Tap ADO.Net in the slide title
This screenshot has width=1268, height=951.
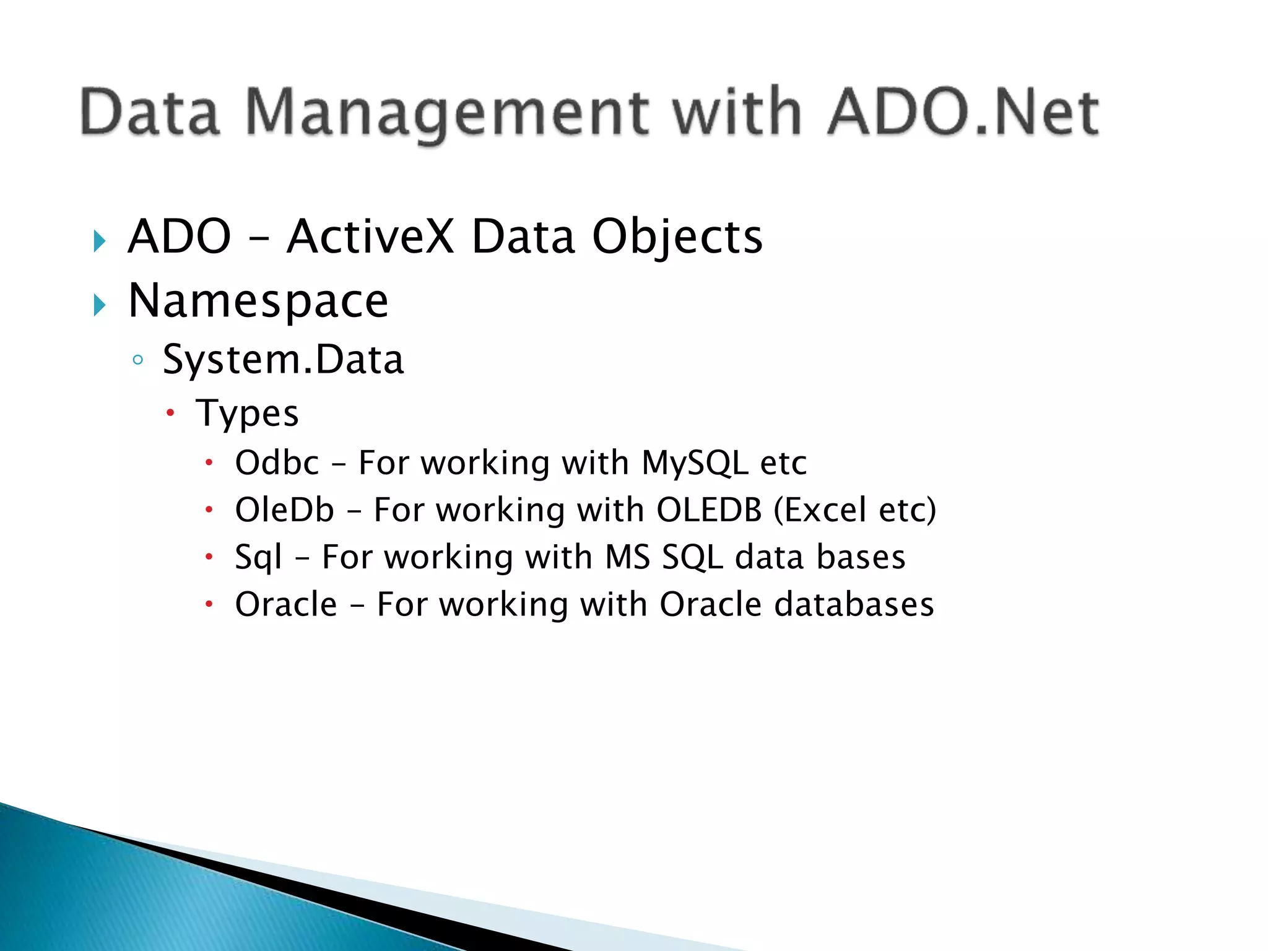pyautogui.click(x=962, y=113)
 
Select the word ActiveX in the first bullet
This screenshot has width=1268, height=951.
pyautogui.click(x=370, y=237)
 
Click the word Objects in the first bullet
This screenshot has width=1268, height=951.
pyautogui.click(x=677, y=237)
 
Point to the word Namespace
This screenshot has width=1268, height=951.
pyautogui.click(x=258, y=301)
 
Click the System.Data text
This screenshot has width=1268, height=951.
pyautogui.click(x=283, y=360)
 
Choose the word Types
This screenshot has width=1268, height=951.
pyautogui.click(x=247, y=413)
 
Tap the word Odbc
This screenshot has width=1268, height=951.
pyautogui.click(x=277, y=462)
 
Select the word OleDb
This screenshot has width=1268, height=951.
pyautogui.click(x=285, y=510)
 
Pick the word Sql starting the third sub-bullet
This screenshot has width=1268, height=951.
pyautogui.click(x=258, y=557)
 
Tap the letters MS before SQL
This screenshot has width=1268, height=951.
pyautogui.click(x=628, y=557)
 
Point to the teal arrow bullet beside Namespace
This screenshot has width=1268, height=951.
pyautogui.click(x=100, y=305)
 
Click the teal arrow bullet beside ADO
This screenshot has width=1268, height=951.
pyautogui.click(x=100, y=240)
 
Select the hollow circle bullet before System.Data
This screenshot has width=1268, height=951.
pyautogui.click(x=138, y=360)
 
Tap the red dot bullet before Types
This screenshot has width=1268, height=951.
pyautogui.click(x=171, y=413)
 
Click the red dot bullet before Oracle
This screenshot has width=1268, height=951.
pyautogui.click(x=209, y=604)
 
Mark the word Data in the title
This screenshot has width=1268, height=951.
pyautogui.click(x=150, y=113)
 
